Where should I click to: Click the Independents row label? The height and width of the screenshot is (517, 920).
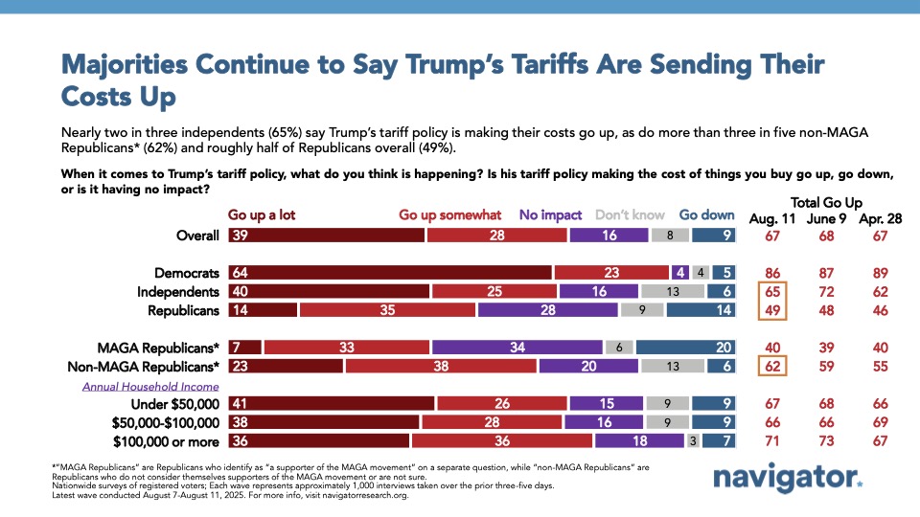(x=179, y=292)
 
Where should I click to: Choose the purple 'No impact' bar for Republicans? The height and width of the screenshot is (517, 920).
(x=547, y=310)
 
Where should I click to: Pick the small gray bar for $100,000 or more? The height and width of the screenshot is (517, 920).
(x=693, y=441)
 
